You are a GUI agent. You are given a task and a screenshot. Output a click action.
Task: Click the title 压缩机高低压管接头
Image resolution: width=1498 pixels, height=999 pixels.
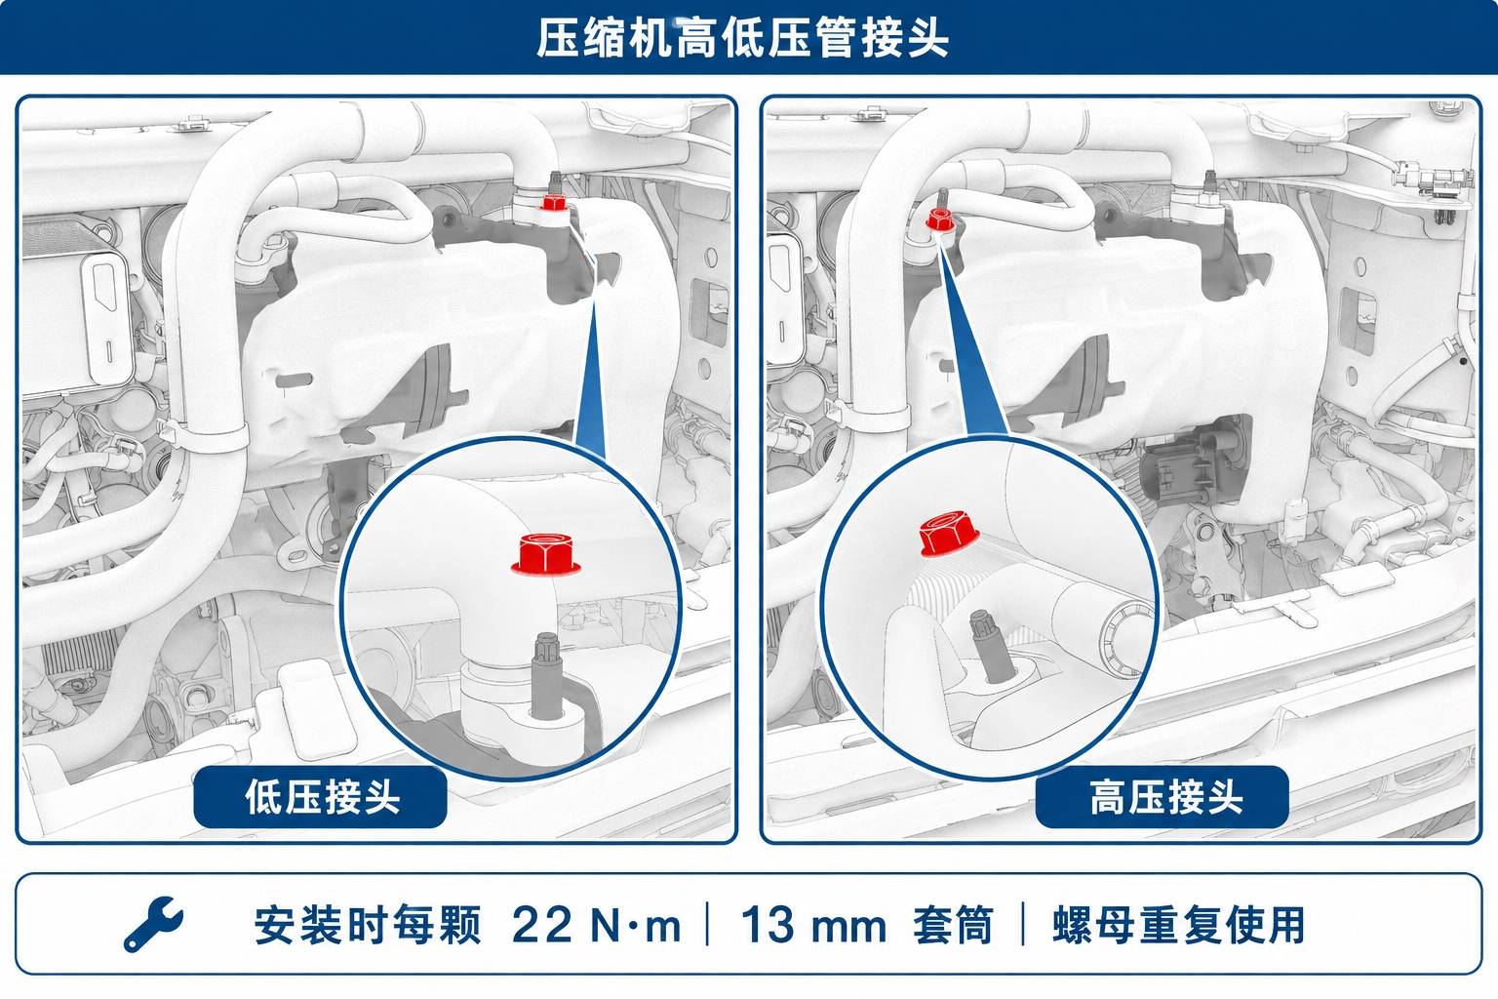742,37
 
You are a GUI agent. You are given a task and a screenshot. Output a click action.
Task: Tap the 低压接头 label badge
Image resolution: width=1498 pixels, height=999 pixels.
320,797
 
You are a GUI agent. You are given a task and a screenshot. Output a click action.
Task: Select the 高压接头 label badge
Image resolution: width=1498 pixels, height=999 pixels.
1163,797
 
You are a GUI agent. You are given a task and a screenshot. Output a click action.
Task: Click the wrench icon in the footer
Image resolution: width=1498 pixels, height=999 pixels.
153,923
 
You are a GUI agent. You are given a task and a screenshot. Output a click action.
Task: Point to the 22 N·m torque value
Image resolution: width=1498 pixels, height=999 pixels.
596,925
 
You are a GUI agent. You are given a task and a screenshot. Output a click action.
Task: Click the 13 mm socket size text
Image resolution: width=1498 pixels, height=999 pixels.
813,925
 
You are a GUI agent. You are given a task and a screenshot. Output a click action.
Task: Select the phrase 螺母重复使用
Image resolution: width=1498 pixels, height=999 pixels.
1178,925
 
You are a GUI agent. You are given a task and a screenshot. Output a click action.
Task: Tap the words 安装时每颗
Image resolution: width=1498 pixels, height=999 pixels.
368,925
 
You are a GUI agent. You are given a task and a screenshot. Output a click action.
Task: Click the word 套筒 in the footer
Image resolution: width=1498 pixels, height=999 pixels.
953,925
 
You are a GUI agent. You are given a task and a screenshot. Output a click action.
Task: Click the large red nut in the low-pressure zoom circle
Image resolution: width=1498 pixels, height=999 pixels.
546,554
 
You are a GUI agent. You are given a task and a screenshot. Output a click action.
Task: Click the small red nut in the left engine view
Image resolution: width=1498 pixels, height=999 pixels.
553,202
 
